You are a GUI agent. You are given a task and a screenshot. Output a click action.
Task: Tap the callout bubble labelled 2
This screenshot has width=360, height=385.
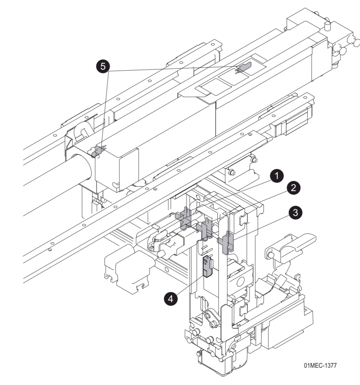(293, 188)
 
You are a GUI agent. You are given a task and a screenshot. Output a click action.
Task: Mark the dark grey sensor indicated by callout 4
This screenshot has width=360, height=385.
(207, 266)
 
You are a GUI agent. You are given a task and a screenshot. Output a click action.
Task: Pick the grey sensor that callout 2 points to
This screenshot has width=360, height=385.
(206, 227)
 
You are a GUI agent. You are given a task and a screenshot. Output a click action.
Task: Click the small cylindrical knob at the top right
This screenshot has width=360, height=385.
(328, 26)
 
